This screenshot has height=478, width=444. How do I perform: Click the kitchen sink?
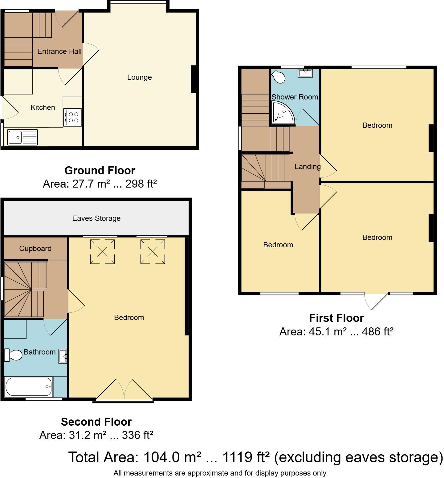(22, 137)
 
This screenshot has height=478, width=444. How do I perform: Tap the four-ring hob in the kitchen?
(73, 117)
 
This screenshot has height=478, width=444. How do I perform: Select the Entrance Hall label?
(59, 51)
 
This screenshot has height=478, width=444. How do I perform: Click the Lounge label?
(139, 77)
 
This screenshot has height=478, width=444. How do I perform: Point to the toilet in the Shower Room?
(279, 77)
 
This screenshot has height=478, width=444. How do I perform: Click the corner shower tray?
(282, 113)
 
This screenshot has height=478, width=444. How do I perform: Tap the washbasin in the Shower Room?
(305, 73)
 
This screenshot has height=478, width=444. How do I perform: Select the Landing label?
(308, 167)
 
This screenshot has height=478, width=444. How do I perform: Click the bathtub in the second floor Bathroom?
(29, 387)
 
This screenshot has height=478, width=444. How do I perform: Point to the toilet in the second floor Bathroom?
(13, 355)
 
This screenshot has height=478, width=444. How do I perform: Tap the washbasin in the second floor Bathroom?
(63, 356)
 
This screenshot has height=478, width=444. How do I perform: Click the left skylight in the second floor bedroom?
(102, 252)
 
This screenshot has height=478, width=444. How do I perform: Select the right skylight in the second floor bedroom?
(153, 252)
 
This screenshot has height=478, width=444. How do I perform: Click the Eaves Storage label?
(96, 218)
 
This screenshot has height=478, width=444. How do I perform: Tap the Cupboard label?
(35, 249)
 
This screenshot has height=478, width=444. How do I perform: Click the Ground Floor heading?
(100, 170)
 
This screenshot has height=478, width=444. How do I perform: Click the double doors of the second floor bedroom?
(124, 390)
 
